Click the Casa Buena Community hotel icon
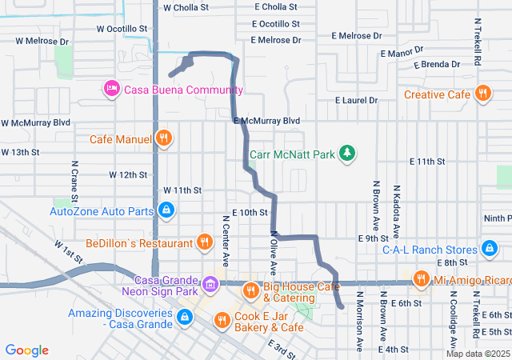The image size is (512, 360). point(112,88)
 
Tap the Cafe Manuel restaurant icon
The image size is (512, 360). point(163,138)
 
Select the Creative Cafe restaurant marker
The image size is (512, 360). point(482,94)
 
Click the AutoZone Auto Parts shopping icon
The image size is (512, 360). point(165,211)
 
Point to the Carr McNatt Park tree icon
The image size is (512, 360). point(346,152)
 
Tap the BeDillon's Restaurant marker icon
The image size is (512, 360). point(205,242)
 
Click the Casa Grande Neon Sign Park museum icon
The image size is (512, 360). point(210,284)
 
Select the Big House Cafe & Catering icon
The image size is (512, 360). point(250,289)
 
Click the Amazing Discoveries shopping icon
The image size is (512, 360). point(185,318)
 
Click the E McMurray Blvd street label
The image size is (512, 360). point(267,120)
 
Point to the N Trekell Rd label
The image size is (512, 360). point(477,48)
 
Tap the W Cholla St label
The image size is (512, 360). point(186,7)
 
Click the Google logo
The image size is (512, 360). point(27,350)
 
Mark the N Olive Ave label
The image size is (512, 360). point(274,252)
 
